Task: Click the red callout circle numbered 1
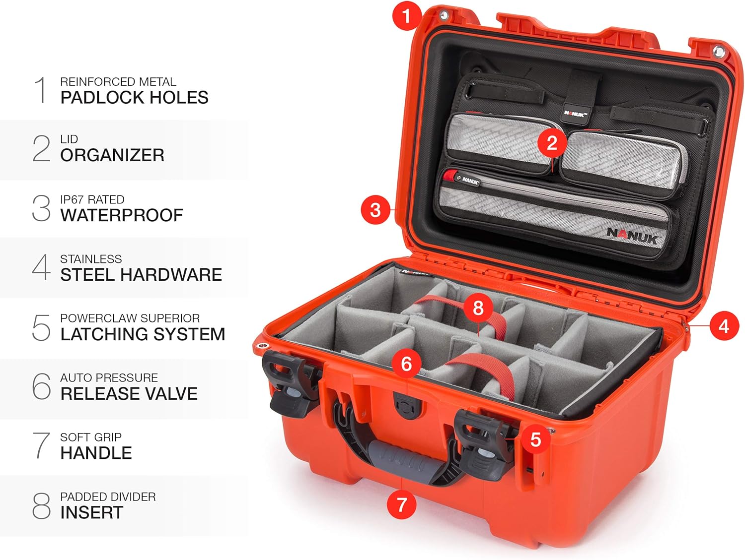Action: tap(407, 15)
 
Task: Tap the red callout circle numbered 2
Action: tap(552, 143)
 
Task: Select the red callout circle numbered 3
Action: tap(375, 210)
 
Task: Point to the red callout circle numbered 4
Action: tap(724, 326)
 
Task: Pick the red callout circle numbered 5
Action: tap(535, 439)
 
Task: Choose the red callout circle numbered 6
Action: tap(406, 364)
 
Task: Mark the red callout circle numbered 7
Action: tap(401, 504)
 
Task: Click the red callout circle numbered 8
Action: tap(478, 308)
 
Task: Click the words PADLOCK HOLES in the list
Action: tap(135, 98)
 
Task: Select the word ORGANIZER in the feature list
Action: tap(112, 155)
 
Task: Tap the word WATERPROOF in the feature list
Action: tap(122, 215)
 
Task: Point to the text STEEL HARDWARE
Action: tap(141, 275)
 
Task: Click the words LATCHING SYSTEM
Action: tap(143, 334)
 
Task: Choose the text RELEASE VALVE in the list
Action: tap(129, 394)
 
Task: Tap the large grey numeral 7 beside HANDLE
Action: tap(41, 445)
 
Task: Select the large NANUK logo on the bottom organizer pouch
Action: tap(632, 235)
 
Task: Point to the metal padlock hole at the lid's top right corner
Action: tap(719, 52)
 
